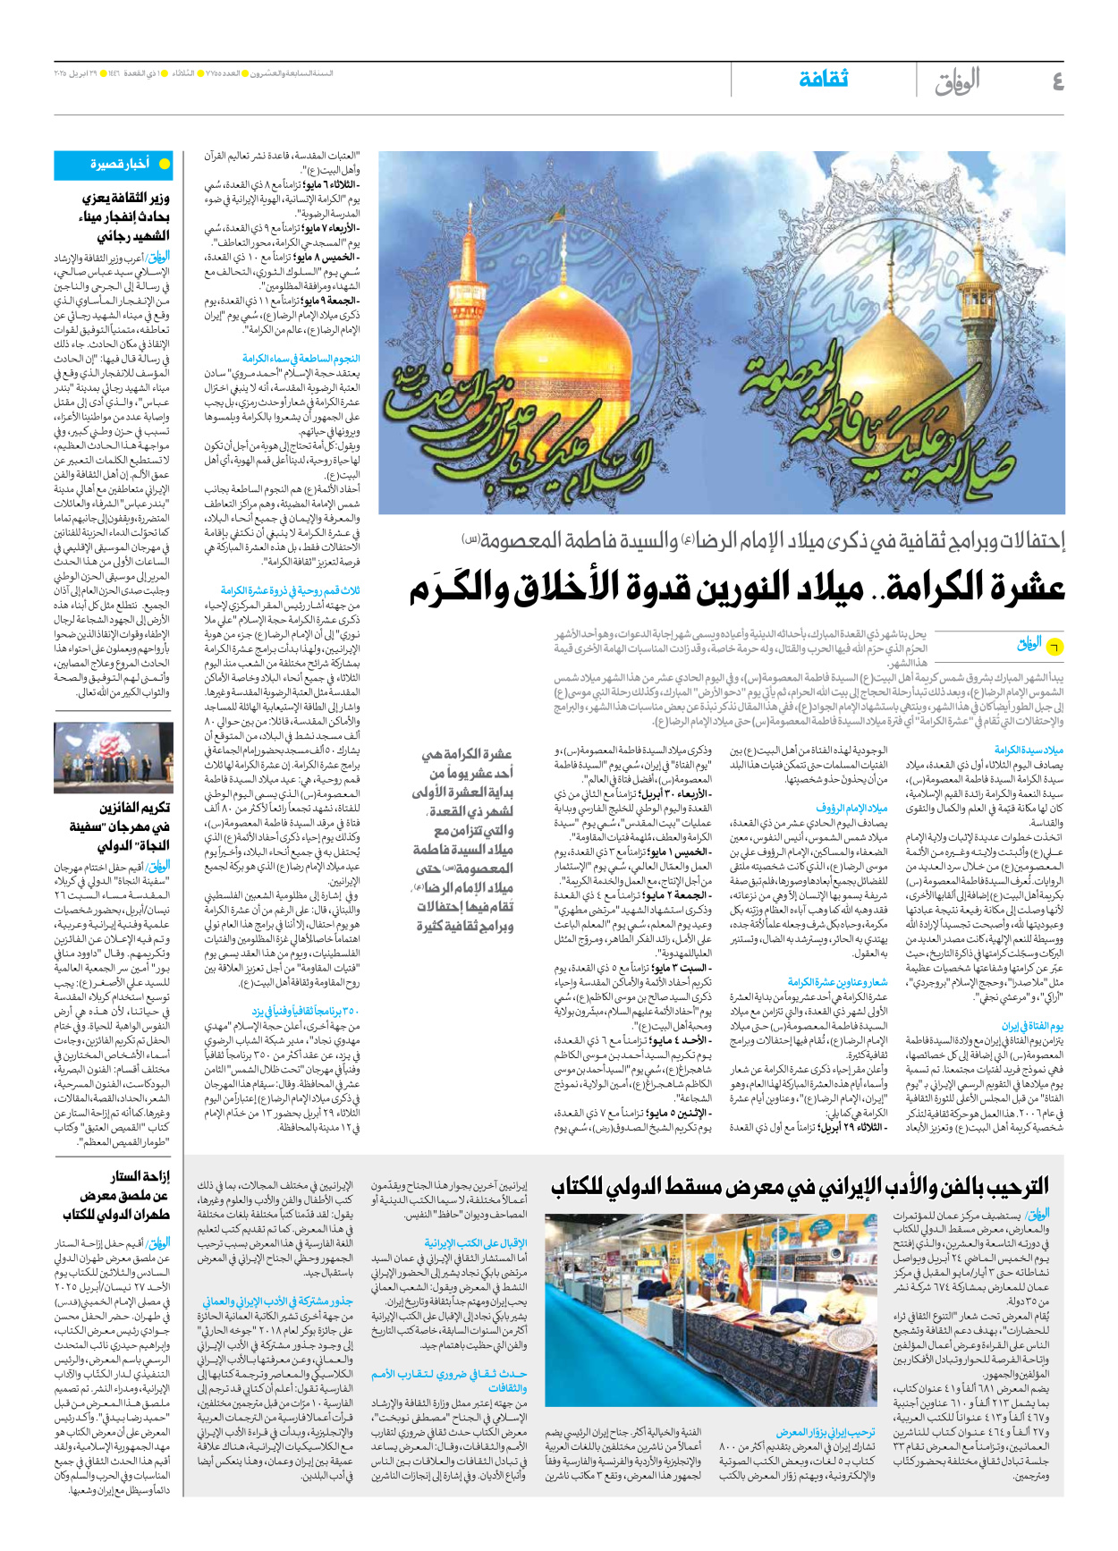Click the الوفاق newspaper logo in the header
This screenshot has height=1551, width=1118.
[x=957, y=81]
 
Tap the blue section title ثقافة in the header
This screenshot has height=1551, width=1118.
[x=823, y=80]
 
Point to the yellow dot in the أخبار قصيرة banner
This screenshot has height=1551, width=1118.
[x=164, y=165]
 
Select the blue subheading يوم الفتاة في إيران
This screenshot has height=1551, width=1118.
[x=1032, y=1027]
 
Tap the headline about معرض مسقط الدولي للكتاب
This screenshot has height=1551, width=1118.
[x=800, y=1187]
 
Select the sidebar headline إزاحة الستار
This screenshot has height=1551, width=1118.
[x=141, y=1177]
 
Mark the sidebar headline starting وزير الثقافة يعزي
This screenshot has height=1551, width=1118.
[x=125, y=199]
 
